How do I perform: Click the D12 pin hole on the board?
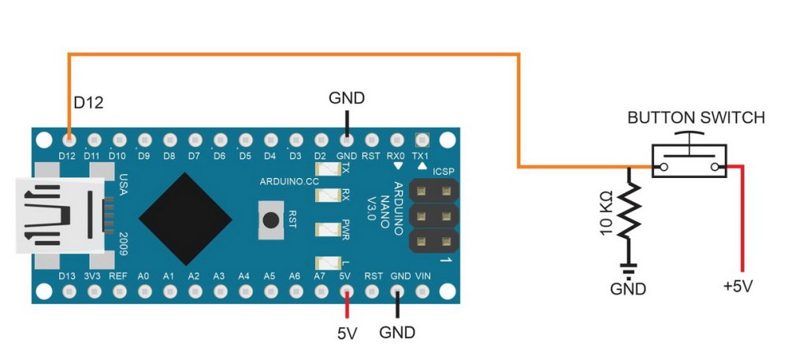tap(69, 139)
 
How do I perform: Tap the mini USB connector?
tap(61, 215)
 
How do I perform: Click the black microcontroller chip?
tap(185, 219)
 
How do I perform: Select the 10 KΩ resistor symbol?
tap(629, 211)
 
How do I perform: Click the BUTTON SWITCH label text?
tap(696, 118)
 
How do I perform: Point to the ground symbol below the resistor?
tap(628, 269)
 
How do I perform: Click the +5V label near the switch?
tap(738, 287)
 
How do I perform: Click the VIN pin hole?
tap(422, 291)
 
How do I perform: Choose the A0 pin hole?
tap(145, 291)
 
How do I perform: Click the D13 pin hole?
tap(69, 291)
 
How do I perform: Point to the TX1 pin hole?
tap(422, 139)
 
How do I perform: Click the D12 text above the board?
tap(88, 102)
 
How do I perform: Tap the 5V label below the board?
tap(347, 333)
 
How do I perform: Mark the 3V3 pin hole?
tap(94, 291)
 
